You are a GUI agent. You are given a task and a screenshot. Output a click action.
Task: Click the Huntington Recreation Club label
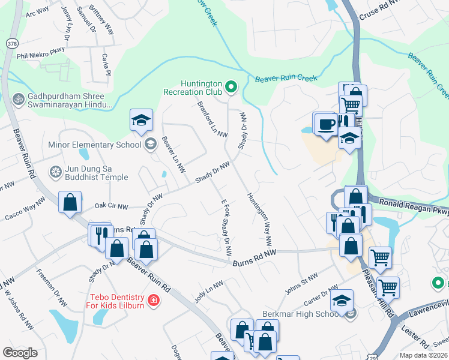(193, 89)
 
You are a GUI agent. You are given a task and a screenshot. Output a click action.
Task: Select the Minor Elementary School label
(95, 145)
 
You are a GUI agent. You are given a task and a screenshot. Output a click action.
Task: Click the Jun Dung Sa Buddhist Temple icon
(56, 172)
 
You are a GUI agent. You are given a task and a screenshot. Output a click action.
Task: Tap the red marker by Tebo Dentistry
(154, 300)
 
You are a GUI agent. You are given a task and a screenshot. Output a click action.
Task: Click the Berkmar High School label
(301, 314)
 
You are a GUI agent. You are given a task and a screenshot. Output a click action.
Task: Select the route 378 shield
(11, 44)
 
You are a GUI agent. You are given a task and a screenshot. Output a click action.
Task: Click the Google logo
(20, 352)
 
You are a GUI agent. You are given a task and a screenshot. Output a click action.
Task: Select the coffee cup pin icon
(325, 124)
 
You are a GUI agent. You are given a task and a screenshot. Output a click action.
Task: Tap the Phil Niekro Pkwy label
(41, 55)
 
